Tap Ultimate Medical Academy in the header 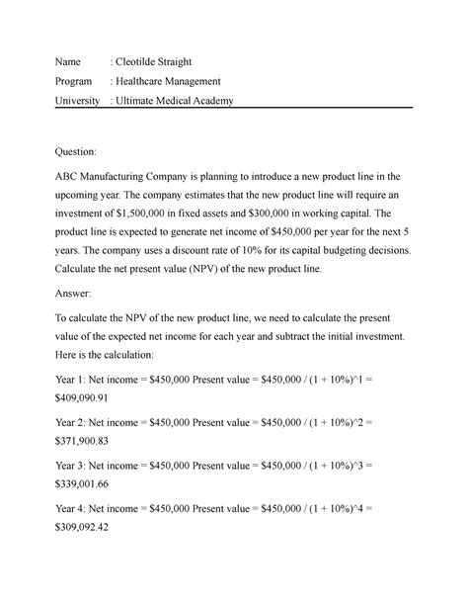(175, 101)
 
